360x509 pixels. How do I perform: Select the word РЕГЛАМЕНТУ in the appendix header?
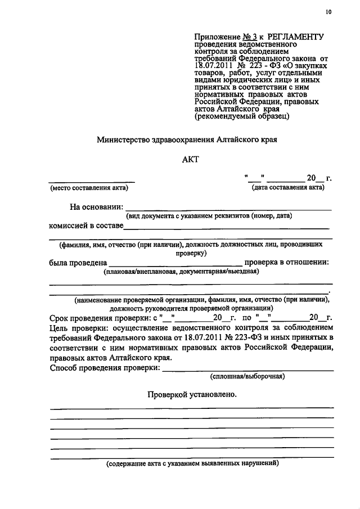[x=293, y=35]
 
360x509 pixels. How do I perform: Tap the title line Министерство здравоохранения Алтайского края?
[x=187, y=138]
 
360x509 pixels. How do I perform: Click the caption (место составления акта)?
[x=93, y=188]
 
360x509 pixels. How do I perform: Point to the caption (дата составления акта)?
[x=289, y=187]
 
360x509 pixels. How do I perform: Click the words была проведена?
[x=78, y=262]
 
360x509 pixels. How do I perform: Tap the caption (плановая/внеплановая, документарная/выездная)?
[x=181, y=272]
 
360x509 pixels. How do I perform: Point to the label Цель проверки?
[x=80, y=327]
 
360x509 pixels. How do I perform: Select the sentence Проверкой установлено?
[x=192, y=394]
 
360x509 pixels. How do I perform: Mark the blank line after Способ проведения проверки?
[x=247, y=370]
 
